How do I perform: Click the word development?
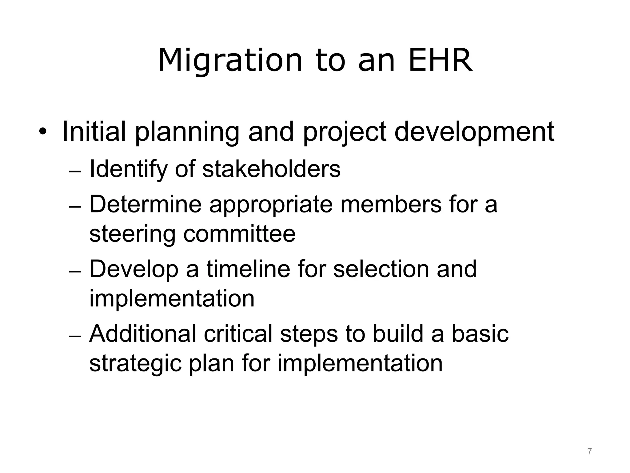[474, 132]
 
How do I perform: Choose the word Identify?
[128, 170]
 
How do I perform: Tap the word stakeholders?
[271, 169]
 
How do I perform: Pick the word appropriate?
[271, 205]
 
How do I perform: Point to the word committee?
[239, 234]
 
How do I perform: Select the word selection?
[381, 269]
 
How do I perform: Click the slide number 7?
[589, 451]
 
